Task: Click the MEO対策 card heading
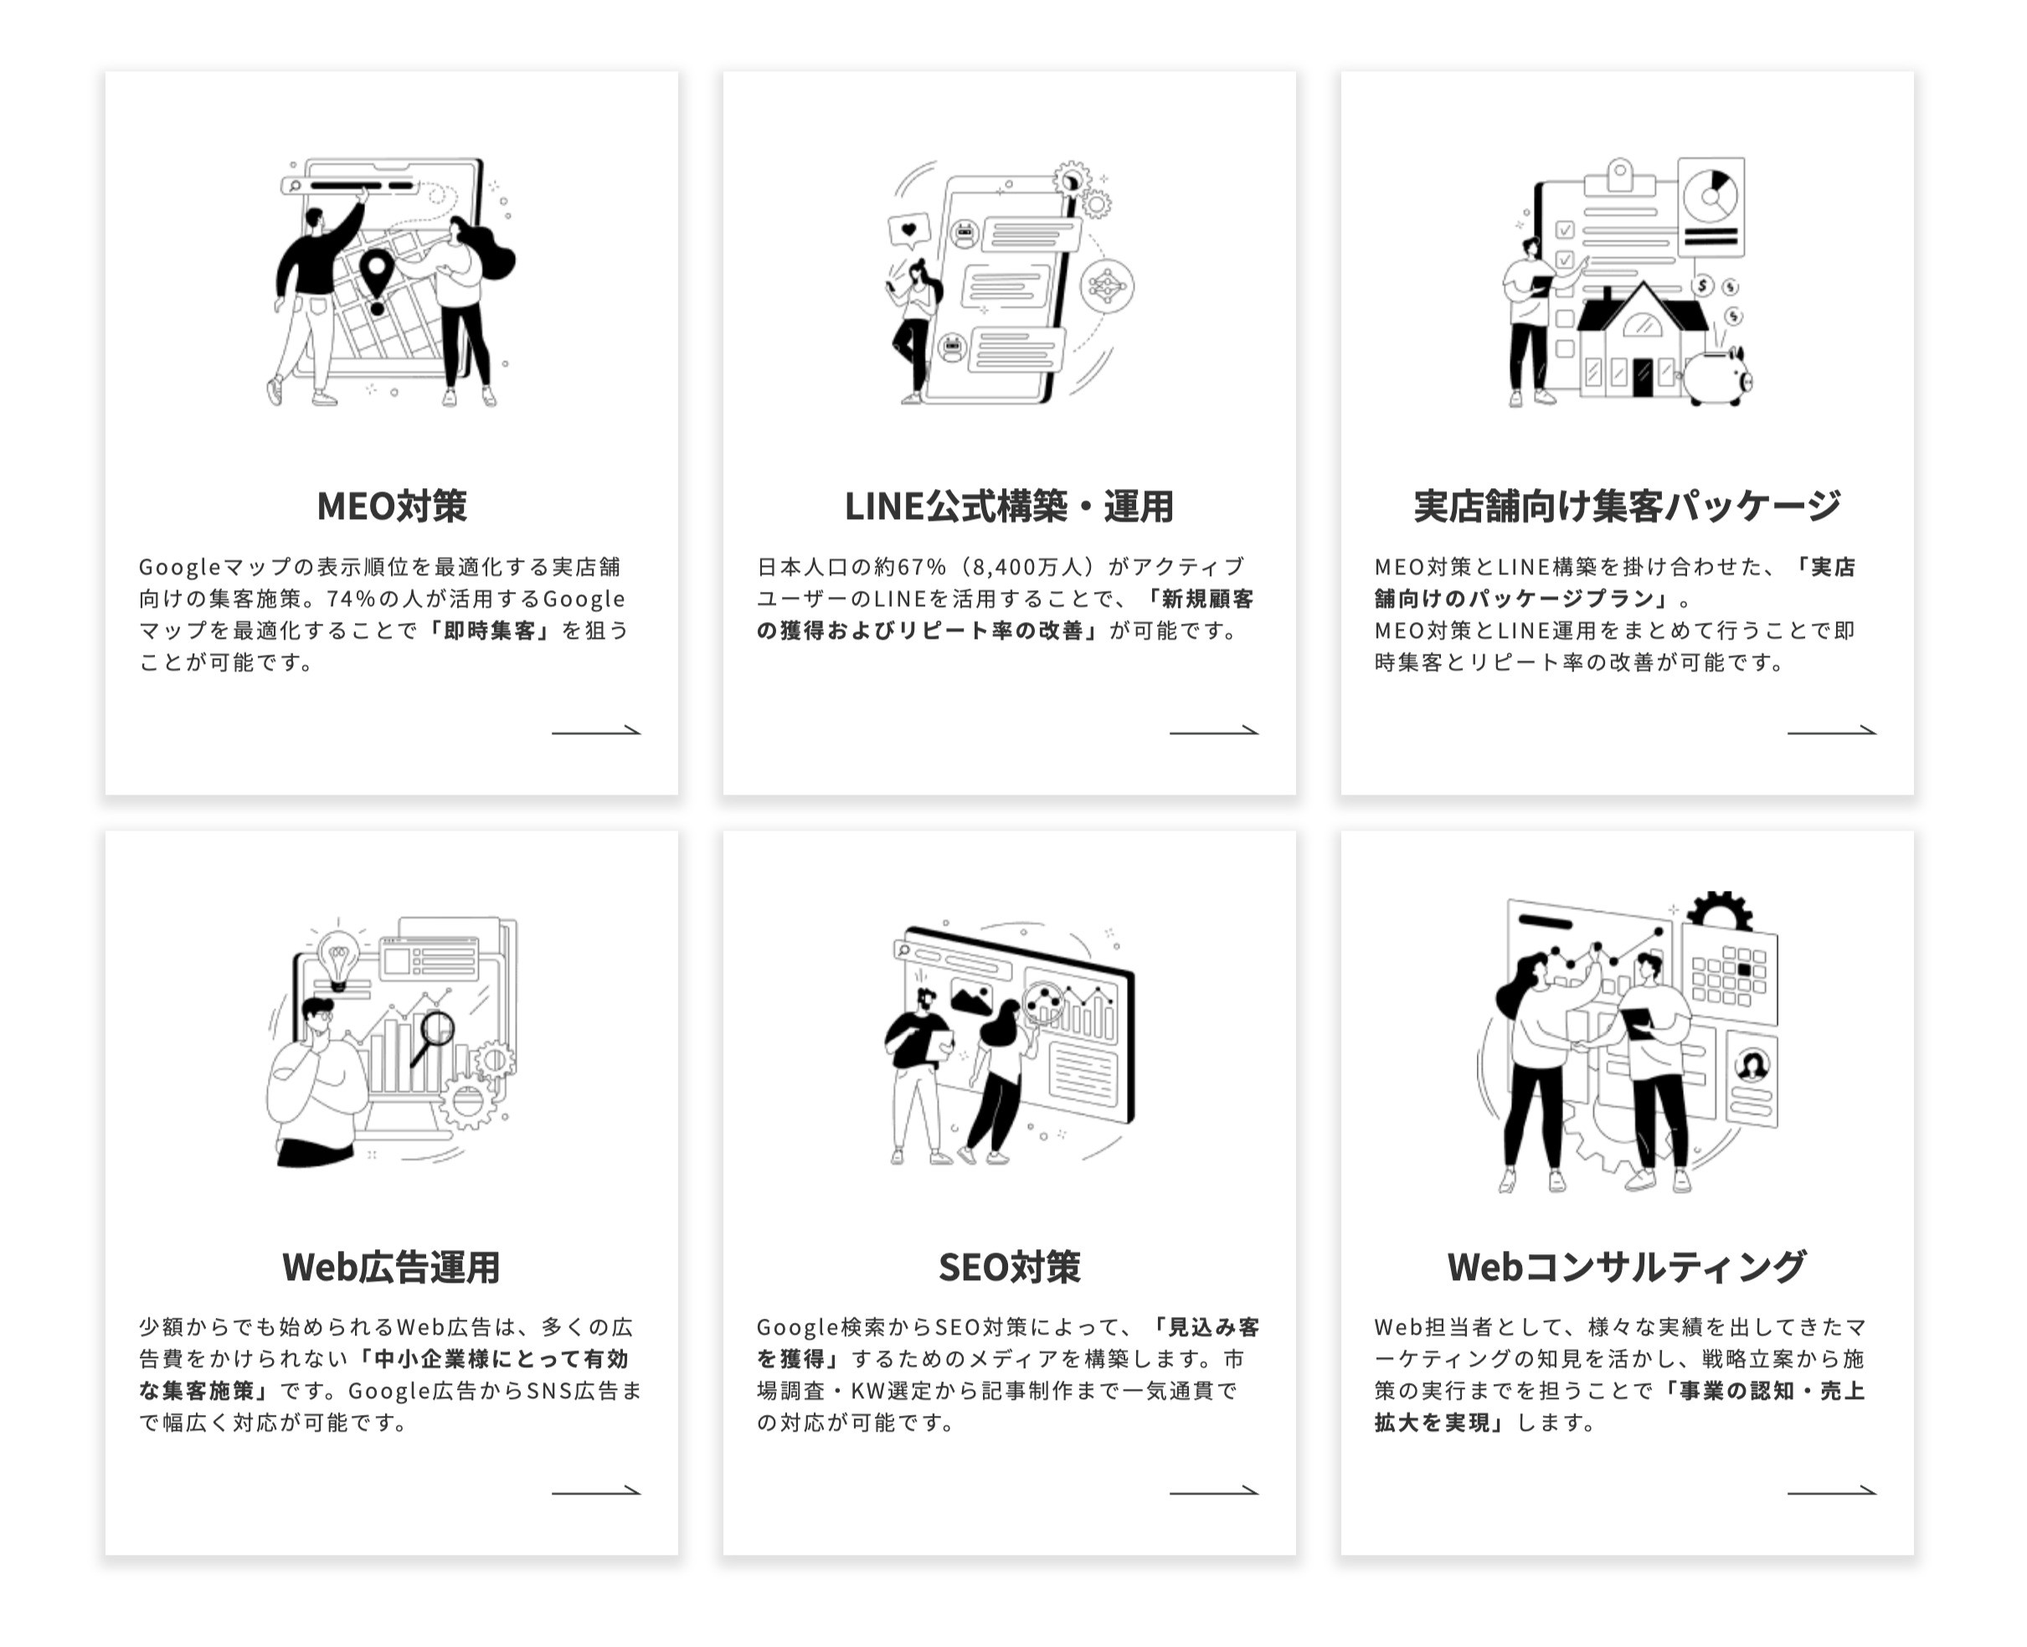(x=391, y=507)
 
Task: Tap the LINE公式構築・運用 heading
(x=1008, y=507)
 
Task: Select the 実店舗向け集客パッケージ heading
(x=1626, y=507)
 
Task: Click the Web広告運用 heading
(x=391, y=1267)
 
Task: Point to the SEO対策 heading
(x=1008, y=1267)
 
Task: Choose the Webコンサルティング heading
(x=1626, y=1267)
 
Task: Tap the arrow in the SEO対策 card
(x=1213, y=1490)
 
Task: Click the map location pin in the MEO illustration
(x=378, y=277)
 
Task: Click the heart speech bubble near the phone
(x=908, y=230)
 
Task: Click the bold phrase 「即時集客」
(x=490, y=630)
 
